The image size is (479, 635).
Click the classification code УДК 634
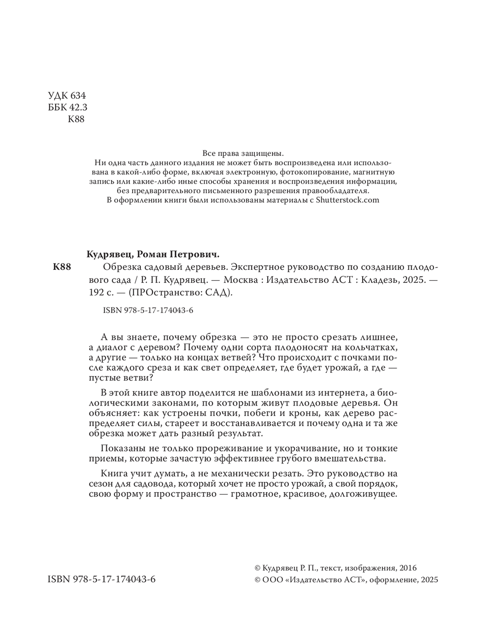click(67, 95)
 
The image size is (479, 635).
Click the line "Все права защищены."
click(243, 153)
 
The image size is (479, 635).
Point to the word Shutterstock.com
click(347, 200)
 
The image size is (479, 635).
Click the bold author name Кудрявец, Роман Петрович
click(155, 254)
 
